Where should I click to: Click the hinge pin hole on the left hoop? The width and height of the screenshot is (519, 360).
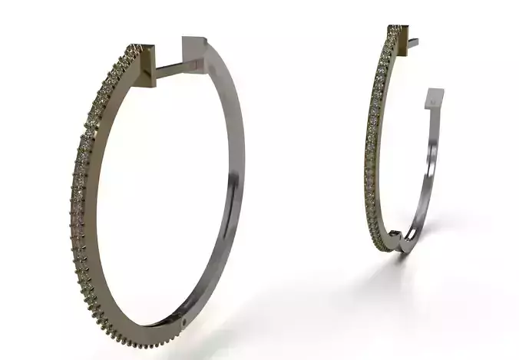pyautogui.click(x=185, y=322)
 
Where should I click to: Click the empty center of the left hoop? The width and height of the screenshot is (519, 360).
pyautogui.click(x=161, y=192)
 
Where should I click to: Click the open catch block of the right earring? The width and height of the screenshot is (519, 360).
pyautogui.click(x=435, y=99)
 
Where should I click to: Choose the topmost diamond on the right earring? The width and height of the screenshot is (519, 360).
pyautogui.click(x=395, y=28)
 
